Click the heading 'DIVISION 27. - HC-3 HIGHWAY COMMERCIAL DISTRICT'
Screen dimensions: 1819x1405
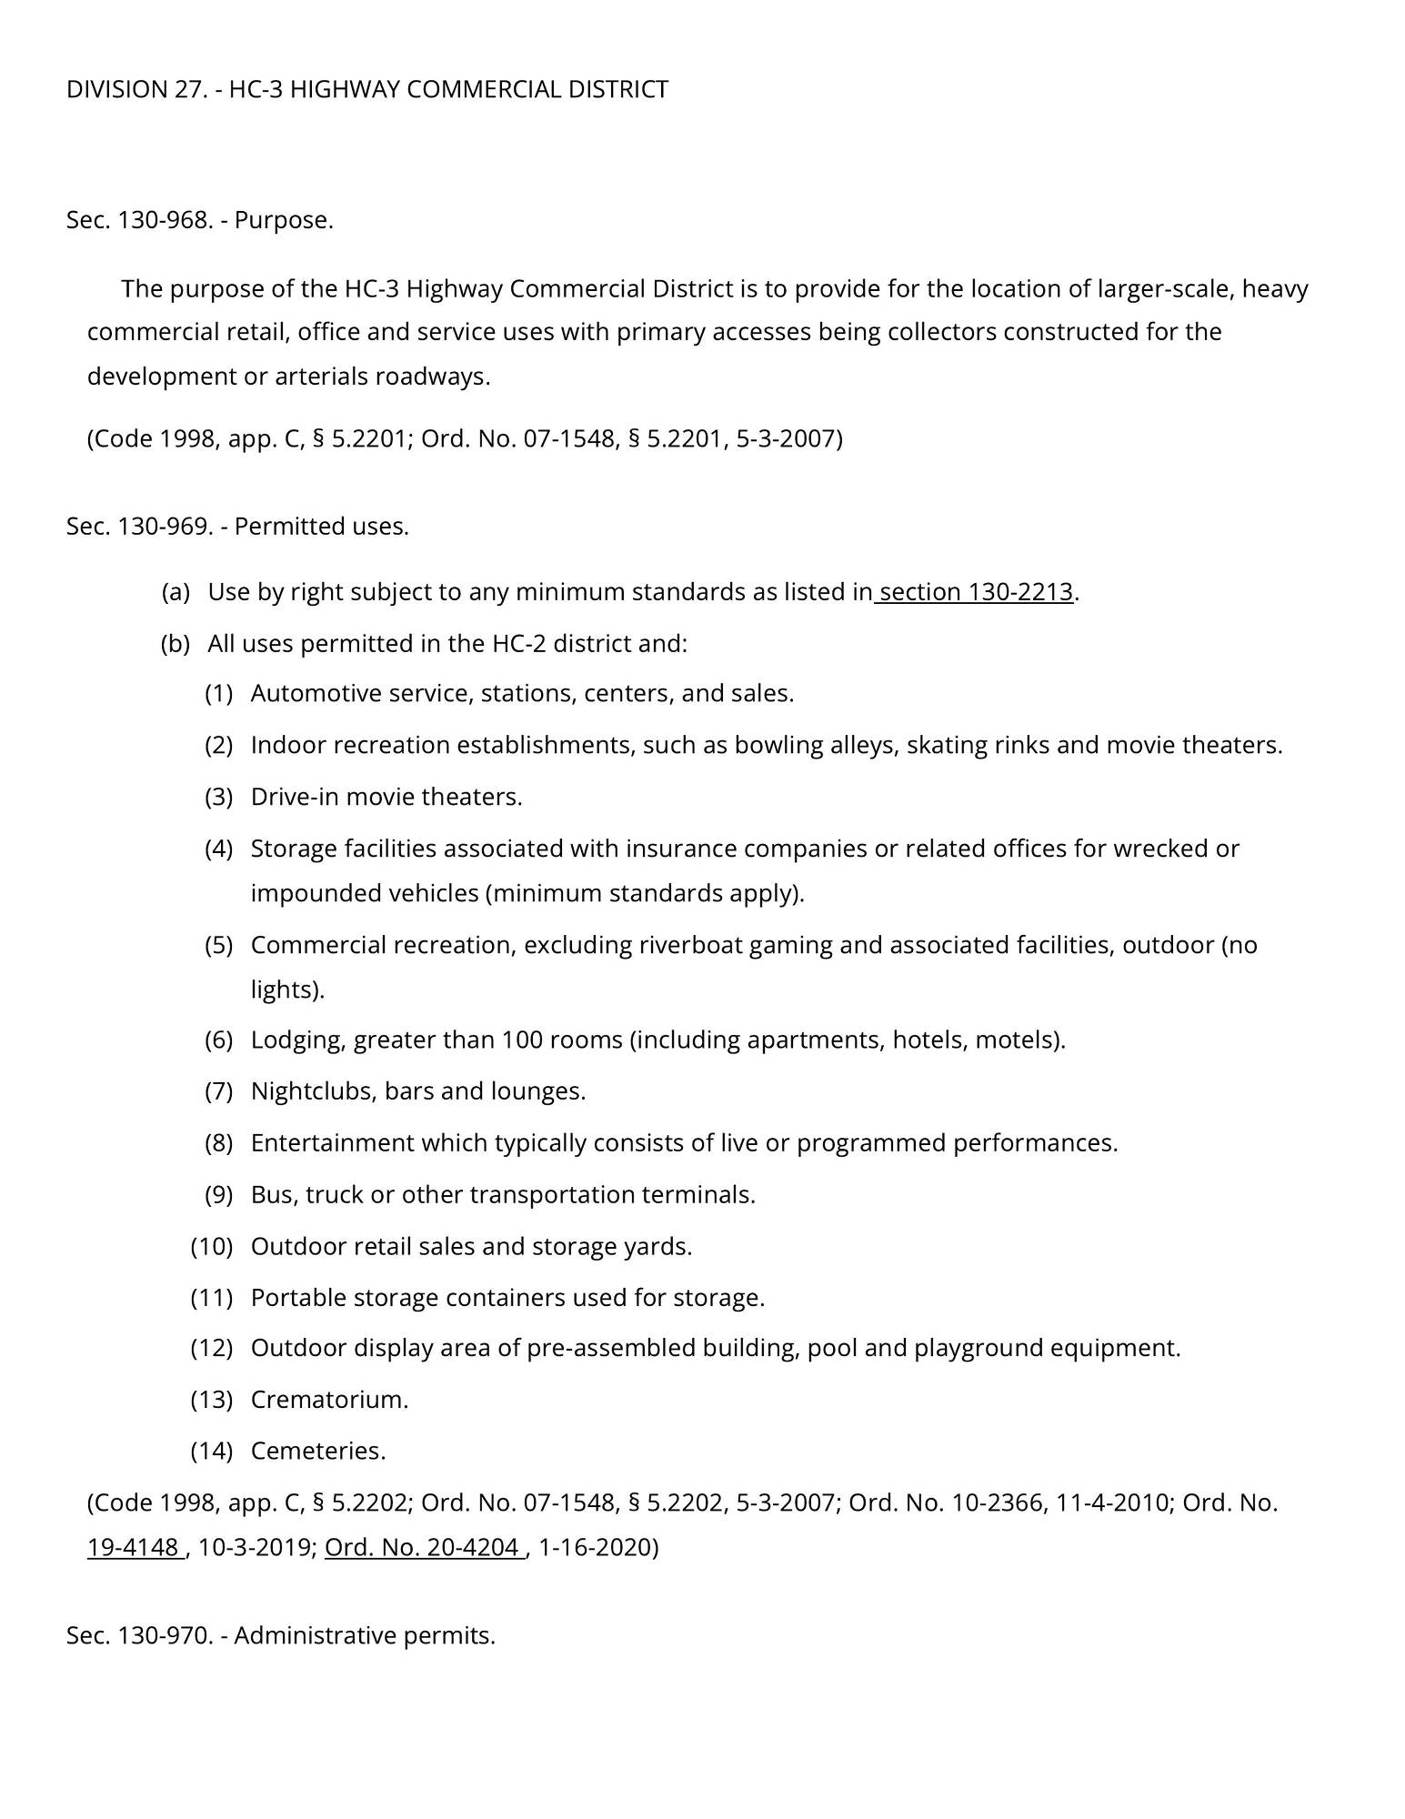tap(366, 89)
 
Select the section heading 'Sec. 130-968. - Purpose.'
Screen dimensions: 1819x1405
tap(199, 220)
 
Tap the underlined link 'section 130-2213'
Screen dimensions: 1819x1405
tap(976, 592)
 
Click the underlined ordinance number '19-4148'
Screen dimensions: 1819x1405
tap(133, 1547)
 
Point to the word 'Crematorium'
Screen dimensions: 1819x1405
tap(328, 1399)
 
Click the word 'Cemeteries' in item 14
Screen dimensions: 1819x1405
tap(316, 1451)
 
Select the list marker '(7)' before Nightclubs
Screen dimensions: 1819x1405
tap(218, 1090)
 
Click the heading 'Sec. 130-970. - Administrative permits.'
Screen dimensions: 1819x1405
tap(280, 1635)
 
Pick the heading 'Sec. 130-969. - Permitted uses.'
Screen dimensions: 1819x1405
tap(237, 527)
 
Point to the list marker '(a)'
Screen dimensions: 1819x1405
tap(176, 592)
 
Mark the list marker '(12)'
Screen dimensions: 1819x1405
tap(211, 1347)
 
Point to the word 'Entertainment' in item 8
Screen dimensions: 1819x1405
tap(332, 1142)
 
